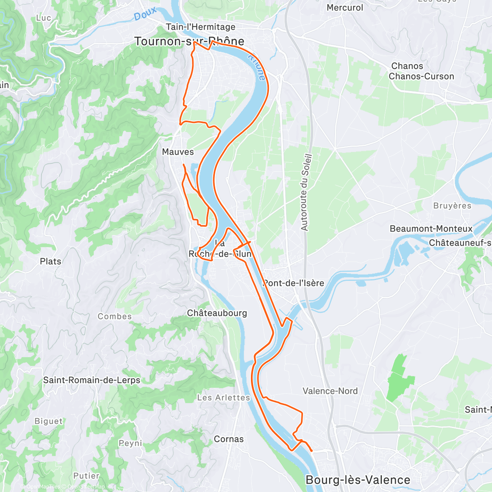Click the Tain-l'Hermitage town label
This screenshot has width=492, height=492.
(x=200, y=27)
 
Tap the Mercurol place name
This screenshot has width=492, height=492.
(x=345, y=8)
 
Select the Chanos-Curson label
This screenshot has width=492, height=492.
(x=421, y=76)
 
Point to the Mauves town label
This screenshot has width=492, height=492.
(x=178, y=152)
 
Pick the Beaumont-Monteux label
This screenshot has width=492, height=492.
(x=431, y=229)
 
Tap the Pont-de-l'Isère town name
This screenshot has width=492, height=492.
(x=294, y=283)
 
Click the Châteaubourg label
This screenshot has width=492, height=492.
(x=217, y=313)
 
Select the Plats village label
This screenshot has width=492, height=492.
(x=50, y=261)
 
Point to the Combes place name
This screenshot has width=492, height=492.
(x=115, y=317)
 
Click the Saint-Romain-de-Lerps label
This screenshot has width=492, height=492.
(x=91, y=380)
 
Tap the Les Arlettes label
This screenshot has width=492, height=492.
(x=223, y=398)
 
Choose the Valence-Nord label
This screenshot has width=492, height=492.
(x=330, y=391)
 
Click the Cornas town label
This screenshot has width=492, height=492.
(x=229, y=439)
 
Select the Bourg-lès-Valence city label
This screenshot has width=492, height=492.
(x=358, y=480)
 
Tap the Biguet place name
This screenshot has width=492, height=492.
(x=49, y=421)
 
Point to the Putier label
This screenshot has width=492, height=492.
(x=86, y=476)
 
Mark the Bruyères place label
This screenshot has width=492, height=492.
(x=452, y=206)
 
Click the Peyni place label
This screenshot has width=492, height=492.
(x=130, y=443)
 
